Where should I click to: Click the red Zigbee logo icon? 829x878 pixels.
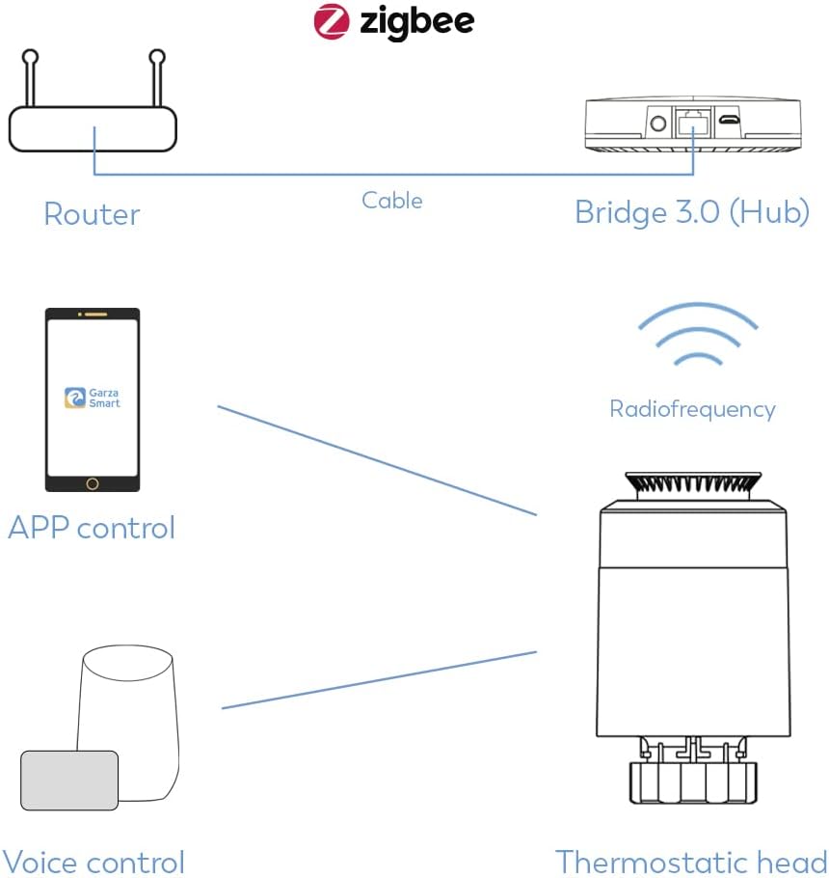click(x=331, y=22)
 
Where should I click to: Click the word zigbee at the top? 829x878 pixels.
click(x=416, y=22)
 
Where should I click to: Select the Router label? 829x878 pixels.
click(x=92, y=213)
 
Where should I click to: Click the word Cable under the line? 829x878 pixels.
click(x=391, y=200)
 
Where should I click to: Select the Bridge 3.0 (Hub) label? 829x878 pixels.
click(x=691, y=212)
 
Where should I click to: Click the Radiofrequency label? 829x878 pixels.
click(x=692, y=409)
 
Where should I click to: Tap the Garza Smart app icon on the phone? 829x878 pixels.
click(x=73, y=398)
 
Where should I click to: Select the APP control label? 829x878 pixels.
click(x=92, y=528)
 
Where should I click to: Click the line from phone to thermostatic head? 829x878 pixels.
click(x=376, y=459)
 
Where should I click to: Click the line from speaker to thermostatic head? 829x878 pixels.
click(x=379, y=680)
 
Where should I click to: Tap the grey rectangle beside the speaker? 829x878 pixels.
click(x=70, y=781)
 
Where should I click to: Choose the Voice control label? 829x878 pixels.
click(x=93, y=862)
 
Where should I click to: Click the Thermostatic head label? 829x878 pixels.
click(x=691, y=862)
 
